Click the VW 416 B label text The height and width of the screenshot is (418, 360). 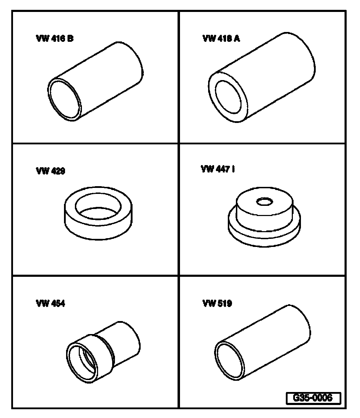[x=55, y=39]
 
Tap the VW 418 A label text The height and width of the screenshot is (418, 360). [x=221, y=39]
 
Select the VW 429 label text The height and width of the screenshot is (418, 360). [x=50, y=171]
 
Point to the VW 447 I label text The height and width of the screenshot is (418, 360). [x=218, y=169]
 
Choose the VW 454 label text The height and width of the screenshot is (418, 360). [x=50, y=303]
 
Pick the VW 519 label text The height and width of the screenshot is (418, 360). [x=217, y=303]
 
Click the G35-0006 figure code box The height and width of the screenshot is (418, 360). [x=313, y=398]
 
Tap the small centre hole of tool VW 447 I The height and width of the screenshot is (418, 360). [x=264, y=202]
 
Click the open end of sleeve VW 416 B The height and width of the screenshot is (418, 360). [x=64, y=99]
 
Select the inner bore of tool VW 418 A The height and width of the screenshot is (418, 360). [x=228, y=97]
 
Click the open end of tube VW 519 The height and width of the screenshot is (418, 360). [x=230, y=360]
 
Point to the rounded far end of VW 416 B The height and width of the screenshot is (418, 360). [x=131, y=63]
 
